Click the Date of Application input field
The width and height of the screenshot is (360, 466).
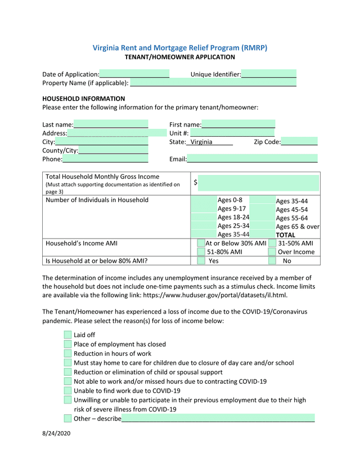pyautogui.click(x=134, y=74)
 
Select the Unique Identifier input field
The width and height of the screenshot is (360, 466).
pyautogui.click(x=269, y=74)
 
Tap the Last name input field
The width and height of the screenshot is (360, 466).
pyautogui.click(x=111, y=124)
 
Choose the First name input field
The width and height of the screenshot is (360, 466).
pyautogui.click(x=238, y=124)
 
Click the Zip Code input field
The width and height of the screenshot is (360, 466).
pyautogui.click(x=299, y=142)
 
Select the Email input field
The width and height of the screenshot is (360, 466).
pyautogui.click(x=253, y=159)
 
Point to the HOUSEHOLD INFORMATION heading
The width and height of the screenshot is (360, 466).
pyautogui.click(x=84, y=98)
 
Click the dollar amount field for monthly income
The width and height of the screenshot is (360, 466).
pyautogui.click(x=258, y=183)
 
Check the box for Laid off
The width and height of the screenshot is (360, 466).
pyautogui.click(x=67, y=335)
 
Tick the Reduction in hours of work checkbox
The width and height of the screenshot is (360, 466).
pyautogui.click(x=67, y=353)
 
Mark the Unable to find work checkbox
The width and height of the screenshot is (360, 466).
pyautogui.click(x=67, y=391)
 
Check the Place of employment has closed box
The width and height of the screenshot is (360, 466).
pyautogui.click(x=67, y=344)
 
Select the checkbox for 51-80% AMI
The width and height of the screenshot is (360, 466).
pyautogui.click(x=201, y=252)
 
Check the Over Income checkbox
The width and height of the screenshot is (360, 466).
pyautogui.click(x=272, y=252)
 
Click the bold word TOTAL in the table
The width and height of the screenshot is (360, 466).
pyautogui.click(x=285, y=235)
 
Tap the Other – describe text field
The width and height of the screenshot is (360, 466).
pyautogui.click(x=218, y=418)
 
